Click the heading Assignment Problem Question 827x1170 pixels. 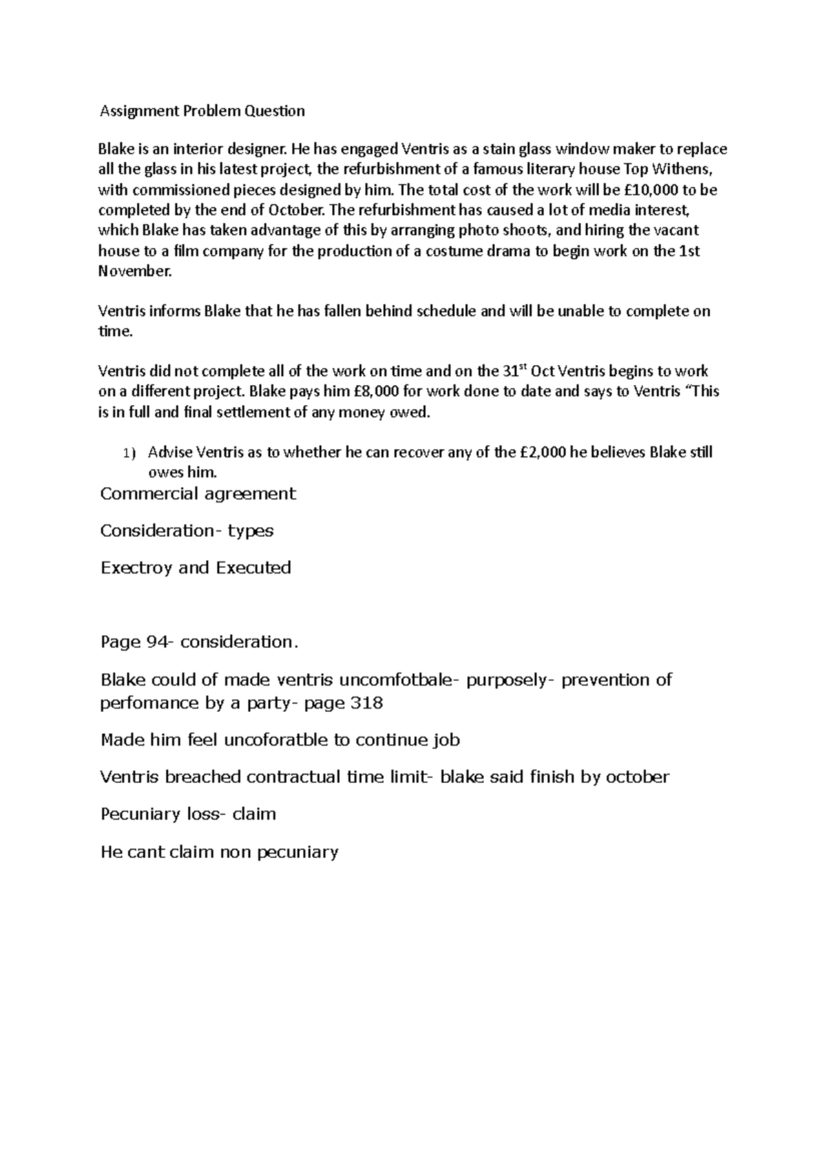202,111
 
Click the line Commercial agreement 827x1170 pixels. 198,494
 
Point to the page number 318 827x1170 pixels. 367,704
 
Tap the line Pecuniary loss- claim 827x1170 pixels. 188,814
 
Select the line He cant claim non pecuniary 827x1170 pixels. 219,852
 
